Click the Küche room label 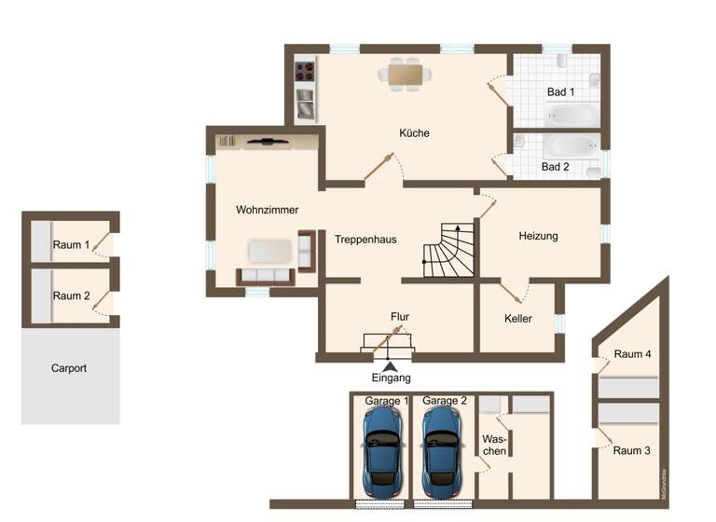point(414,133)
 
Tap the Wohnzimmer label point(241,210)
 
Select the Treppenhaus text point(365,240)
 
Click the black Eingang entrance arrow point(389,365)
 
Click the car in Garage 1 point(384,451)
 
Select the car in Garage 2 point(442,451)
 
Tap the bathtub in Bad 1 point(571,115)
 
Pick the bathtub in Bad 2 point(571,146)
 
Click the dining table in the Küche point(405,73)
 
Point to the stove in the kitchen point(305,69)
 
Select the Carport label point(69,368)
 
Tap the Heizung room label point(538,236)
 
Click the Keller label point(517,319)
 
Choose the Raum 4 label point(633,354)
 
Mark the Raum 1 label point(71,245)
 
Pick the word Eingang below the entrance point(390,378)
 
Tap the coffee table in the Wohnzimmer point(269,251)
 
